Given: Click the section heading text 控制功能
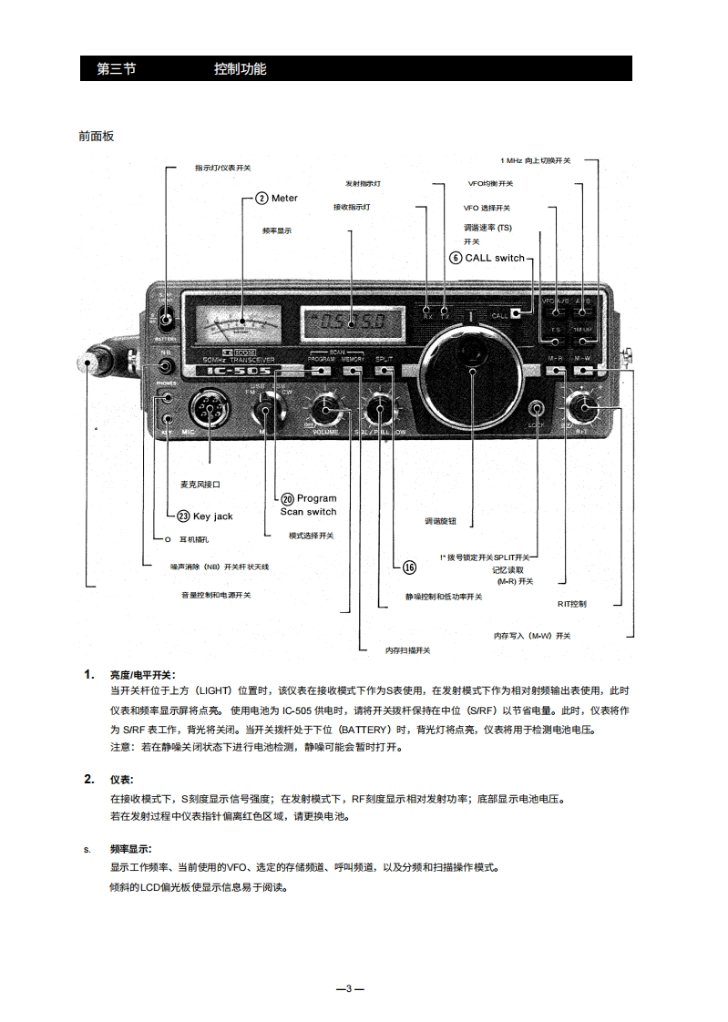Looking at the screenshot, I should (241, 69).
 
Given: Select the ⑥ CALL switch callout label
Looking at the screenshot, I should (487, 258).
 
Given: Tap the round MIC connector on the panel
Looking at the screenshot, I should (209, 413).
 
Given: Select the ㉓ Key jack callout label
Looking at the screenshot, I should (205, 516).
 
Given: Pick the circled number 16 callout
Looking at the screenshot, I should (409, 567).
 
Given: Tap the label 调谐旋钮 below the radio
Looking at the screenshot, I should (440, 521).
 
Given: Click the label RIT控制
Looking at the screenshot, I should (572, 603).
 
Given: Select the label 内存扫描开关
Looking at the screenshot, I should (407, 650).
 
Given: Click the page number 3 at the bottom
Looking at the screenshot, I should (350, 988).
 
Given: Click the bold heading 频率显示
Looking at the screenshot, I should (130, 849).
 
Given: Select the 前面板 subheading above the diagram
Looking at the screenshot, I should (97, 136).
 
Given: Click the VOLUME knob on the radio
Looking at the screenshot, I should (324, 411).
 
